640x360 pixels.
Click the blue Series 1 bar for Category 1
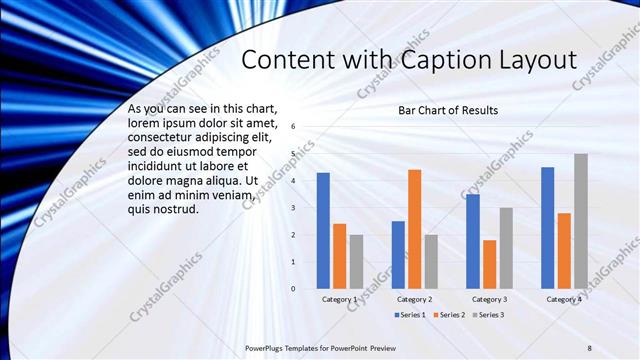(323, 231)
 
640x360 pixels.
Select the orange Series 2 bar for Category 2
(414, 229)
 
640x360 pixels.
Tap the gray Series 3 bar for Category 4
(581, 221)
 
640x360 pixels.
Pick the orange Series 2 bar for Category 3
(489, 264)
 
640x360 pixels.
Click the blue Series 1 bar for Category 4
(547, 228)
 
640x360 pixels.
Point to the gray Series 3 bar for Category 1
(356, 262)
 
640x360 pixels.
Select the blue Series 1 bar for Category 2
(398, 255)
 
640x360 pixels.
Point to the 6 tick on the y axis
(293, 127)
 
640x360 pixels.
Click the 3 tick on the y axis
(293, 208)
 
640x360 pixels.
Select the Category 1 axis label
(340, 299)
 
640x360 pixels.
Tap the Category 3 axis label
(490, 299)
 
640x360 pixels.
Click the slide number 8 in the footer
(590, 347)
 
